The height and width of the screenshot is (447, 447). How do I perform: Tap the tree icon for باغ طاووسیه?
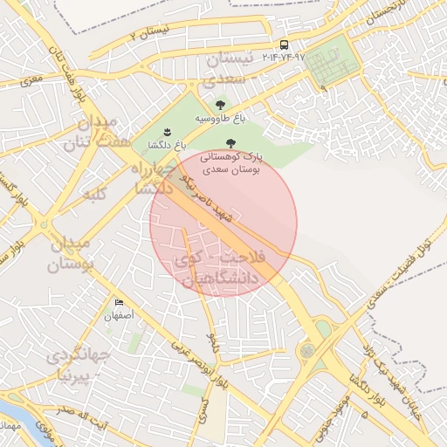[218, 106]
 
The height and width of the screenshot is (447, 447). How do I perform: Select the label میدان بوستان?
[69, 253]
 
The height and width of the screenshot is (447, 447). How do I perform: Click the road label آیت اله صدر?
[77, 410]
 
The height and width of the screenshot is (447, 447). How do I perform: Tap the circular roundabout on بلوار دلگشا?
[307, 351]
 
